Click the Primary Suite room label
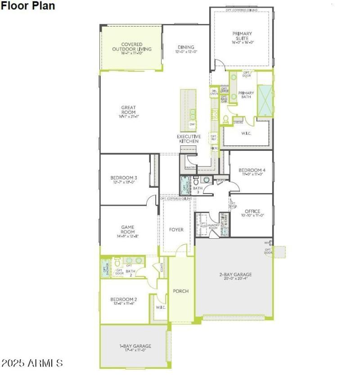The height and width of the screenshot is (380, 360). tap(242, 36)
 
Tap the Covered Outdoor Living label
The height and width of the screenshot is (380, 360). tap(131, 46)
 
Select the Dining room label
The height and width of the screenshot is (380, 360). tap(186, 47)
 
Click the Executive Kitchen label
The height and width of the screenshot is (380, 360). tap(189, 139)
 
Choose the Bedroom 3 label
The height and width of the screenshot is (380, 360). tap(124, 178)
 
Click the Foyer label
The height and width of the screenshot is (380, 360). tap(176, 230)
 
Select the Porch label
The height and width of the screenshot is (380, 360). tap(181, 291)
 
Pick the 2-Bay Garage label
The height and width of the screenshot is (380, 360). tap(235, 275)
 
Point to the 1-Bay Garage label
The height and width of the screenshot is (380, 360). tap(135, 346)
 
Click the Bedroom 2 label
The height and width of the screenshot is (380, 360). tap(124, 299)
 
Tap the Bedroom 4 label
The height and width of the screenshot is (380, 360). tap(252, 170)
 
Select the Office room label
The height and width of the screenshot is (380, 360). tap(252, 212)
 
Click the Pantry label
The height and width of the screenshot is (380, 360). tap(190, 167)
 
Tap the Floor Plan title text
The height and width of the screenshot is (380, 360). tap(27, 6)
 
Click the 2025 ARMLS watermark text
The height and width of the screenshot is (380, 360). tap(32, 363)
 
